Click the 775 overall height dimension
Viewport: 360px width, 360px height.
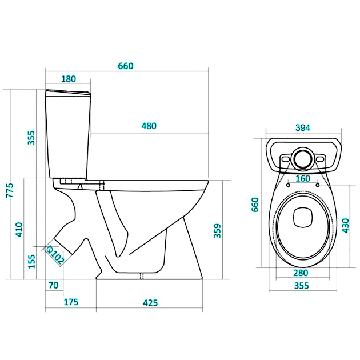(x=10, y=190)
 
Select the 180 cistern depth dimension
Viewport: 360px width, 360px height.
(x=69, y=79)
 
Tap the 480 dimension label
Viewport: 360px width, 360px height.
(x=149, y=126)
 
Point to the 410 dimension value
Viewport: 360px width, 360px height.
(x=19, y=229)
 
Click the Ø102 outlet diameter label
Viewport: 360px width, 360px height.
(x=55, y=255)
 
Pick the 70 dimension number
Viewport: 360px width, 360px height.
(x=54, y=285)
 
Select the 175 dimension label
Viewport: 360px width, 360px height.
(x=71, y=302)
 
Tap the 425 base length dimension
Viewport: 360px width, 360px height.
(x=150, y=303)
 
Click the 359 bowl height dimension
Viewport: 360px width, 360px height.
(x=217, y=231)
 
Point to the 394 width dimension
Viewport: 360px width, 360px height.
(x=303, y=128)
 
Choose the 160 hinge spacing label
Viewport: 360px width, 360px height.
(x=303, y=179)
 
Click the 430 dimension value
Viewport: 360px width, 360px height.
(x=346, y=226)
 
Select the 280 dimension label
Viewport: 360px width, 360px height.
(x=301, y=273)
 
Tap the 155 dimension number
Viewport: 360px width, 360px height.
(x=31, y=261)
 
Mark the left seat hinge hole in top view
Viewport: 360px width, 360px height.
(x=288, y=185)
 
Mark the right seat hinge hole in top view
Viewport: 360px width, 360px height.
(x=318, y=185)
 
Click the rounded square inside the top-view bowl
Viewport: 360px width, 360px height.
(x=303, y=218)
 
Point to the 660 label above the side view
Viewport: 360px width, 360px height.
(x=126, y=66)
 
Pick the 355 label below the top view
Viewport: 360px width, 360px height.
(x=302, y=286)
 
